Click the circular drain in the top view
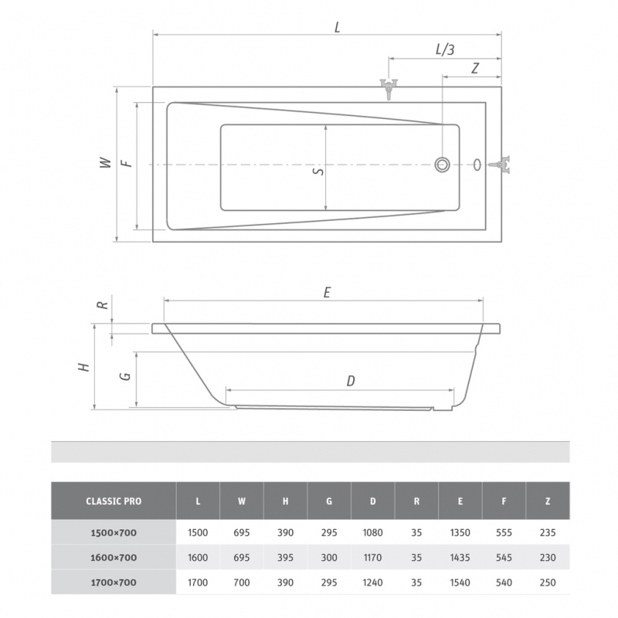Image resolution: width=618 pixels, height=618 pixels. pyautogui.click(x=442, y=165)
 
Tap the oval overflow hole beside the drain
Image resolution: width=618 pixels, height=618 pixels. pyautogui.click(x=477, y=165)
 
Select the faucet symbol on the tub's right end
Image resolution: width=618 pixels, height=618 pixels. pyautogui.click(x=500, y=165)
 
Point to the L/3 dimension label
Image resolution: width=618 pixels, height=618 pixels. pyautogui.click(x=445, y=49)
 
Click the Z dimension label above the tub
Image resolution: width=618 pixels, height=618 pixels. pyautogui.click(x=475, y=68)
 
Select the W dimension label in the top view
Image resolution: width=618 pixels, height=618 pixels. pyautogui.click(x=105, y=163)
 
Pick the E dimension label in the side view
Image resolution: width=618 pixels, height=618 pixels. pyautogui.click(x=327, y=293)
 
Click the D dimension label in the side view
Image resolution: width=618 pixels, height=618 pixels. pyautogui.click(x=351, y=381)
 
